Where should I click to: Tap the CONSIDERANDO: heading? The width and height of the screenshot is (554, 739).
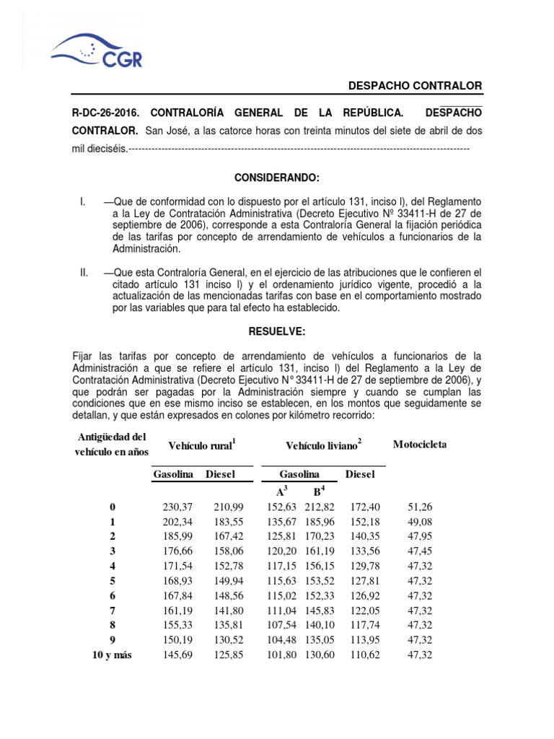[x=277, y=178]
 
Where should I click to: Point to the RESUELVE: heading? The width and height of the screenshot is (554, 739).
[x=277, y=331]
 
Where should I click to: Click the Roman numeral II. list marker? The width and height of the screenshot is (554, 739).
[x=84, y=272]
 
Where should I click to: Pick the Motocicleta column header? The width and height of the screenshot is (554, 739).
[x=420, y=444]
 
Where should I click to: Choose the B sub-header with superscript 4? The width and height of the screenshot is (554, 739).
[x=317, y=491]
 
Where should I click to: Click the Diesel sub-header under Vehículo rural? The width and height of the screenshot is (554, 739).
[x=221, y=474]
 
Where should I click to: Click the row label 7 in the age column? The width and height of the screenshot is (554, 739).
[x=112, y=610]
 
